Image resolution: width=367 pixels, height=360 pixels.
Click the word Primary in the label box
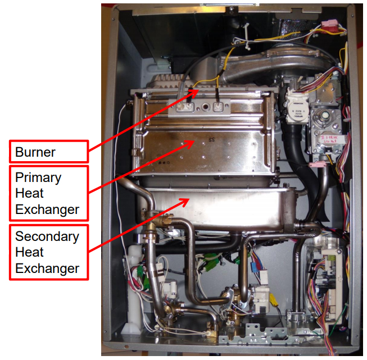coord(38,177)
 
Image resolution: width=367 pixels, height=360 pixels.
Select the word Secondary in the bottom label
coord(47,236)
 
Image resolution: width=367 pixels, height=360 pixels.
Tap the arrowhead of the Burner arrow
coord(196,90)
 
